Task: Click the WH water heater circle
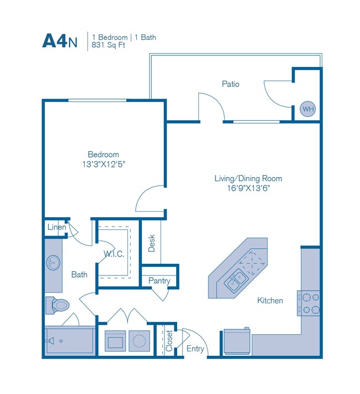(307, 109)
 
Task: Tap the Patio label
(230, 84)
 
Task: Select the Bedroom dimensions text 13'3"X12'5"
(104, 165)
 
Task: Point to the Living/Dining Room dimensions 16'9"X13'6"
(249, 188)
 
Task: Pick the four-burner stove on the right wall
(309, 303)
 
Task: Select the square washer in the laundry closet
(116, 340)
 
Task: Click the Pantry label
(159, 281)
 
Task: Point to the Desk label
(152, 243)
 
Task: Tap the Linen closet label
(57, 227)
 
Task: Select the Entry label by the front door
(195, 349)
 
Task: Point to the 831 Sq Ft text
(109, 46)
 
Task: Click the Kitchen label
(270, 300)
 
